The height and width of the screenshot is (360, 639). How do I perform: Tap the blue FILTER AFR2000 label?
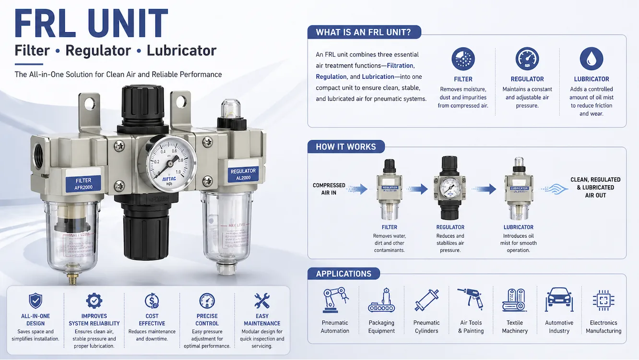coord(83,184)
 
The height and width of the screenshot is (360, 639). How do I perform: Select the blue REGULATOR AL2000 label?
coord(243,174)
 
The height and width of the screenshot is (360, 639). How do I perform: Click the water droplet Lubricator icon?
coord(591,59)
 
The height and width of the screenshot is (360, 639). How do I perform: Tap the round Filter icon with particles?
coord(463,59)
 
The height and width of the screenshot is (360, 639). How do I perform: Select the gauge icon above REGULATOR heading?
coord(527,59)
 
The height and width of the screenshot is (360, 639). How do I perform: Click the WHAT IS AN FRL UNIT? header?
coord(364,33)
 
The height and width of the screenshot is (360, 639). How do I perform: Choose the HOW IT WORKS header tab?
coord(345,147)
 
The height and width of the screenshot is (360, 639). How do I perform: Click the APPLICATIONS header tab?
coord(343,274)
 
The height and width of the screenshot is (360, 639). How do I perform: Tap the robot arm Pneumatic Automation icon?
coord(334,300)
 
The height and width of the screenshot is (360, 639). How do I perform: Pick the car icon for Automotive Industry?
coord(559,300)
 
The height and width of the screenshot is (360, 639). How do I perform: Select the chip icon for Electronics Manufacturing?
coord(603,300)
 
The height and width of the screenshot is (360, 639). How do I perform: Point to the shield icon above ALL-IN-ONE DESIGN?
coord(35,301)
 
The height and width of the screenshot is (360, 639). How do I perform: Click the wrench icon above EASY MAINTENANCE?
coord(262,301)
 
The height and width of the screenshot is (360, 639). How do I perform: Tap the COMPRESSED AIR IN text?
coord(329,189)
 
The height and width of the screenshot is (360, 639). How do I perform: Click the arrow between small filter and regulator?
coord(418,189)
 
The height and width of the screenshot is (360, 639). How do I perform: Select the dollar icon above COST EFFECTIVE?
coord(152,301)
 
